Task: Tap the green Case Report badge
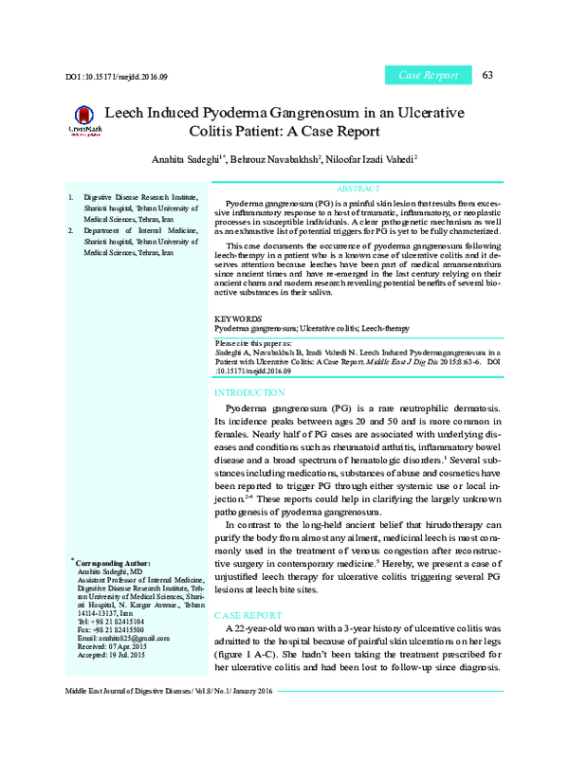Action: pyautogui.click(x=428, y=75)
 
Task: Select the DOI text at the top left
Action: pyautogui.click(x=116, y=76)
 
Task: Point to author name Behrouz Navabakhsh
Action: pyautogui.click(x=279, y=159)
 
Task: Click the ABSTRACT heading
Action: pyautogui.click(x=358, y=190)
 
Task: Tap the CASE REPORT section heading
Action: pyautogui.click(x=248, y=615)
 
